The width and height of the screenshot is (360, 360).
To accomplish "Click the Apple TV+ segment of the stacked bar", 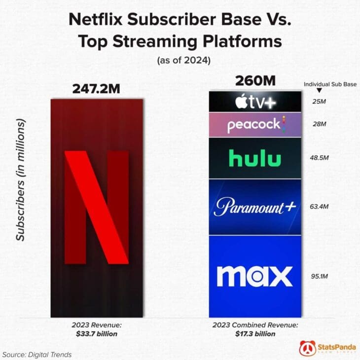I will [254, 102].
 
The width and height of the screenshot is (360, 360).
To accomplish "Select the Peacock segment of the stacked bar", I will [254, 125].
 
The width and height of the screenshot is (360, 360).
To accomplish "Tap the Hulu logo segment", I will [254, 158].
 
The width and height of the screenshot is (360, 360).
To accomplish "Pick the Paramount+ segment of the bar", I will [254, 207].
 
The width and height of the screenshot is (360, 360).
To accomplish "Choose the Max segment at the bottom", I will [254, 276].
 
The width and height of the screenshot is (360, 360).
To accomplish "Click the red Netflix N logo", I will [97, 208].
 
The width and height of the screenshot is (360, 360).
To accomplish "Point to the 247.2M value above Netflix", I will [96, 88].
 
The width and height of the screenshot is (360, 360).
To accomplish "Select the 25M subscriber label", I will [320, 102].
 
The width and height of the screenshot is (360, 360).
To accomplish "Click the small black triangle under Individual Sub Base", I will [319, 91].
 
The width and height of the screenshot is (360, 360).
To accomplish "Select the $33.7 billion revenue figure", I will [97, 334].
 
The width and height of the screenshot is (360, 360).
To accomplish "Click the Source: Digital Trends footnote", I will [37, 354].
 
